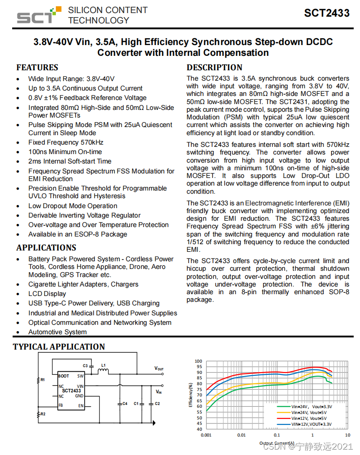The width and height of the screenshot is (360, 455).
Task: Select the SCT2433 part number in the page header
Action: tap(327, 13)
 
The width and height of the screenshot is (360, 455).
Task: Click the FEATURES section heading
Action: tap(37, 68)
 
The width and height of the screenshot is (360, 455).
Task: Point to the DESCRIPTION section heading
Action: tap(214, 68)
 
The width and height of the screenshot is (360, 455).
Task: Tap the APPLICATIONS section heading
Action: tap(46, 248)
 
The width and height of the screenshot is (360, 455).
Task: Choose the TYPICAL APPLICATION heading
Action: tap(59, 347)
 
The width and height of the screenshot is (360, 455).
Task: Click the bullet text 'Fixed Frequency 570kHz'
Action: tap(66, 142)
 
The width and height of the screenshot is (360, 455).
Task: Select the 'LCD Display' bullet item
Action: tap(47, 294)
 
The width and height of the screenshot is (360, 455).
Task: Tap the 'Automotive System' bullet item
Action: tap(58, 332)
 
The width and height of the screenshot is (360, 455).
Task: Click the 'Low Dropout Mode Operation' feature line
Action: tap(73, 206)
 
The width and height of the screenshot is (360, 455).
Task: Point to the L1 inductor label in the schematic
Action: tap(103, 365)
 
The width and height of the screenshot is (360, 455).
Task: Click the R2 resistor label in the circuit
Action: tap(43, 414)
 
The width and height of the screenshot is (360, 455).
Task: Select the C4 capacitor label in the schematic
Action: tap(125, 404)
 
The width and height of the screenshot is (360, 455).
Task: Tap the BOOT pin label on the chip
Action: tap(64, 376)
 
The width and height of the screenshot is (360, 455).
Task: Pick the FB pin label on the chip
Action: tap(60, 405)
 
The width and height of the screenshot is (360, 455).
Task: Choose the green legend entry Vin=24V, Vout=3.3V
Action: tap(312, 406)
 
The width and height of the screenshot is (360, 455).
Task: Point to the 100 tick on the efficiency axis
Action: tap(199, 361)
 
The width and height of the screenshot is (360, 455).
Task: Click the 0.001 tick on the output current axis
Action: tap(206, 435)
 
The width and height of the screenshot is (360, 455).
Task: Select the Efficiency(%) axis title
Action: tap(191, 395)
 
